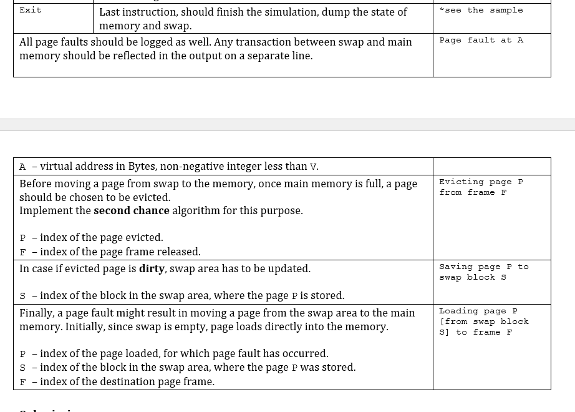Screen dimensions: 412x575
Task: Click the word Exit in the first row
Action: pyautogui.click(x=31, y=10)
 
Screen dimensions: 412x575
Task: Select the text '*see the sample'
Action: pyautogui.click(x=481, y=10)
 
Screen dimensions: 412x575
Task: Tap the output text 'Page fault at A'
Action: pyautogui.click(x=481, y=40)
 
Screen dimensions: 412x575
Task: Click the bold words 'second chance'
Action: pyautogui.click(x=131, y=210)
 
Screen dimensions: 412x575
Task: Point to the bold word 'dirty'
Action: pyautogui.click(x=152, y=268)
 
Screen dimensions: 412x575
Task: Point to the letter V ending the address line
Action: pyautogui.click(x=313, y=167)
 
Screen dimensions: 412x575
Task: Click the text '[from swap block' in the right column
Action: pyautogui.click(x=483, y=321)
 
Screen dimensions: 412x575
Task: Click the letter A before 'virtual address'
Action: pyautogui.click(x=22, y=167)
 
